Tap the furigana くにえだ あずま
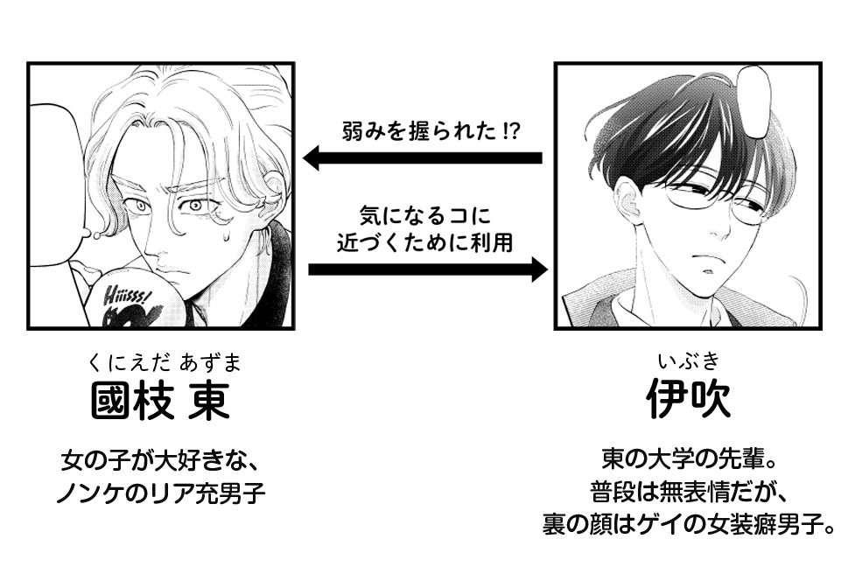(162, 362)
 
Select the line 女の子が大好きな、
(162, 459)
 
